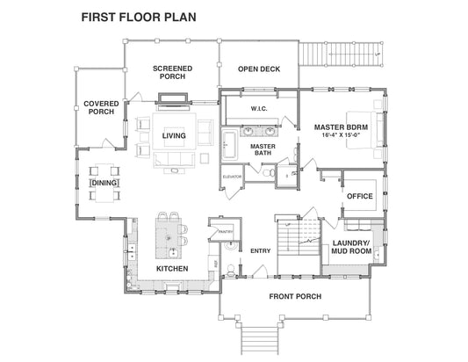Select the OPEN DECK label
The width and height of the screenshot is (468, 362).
(258, 69)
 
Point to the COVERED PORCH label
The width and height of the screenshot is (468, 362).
(101, 107)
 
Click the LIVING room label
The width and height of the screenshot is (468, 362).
(173, 134)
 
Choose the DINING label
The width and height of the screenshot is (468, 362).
(104, 182)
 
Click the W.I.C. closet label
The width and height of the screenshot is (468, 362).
(258, 109)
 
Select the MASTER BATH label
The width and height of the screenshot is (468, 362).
(262, 149)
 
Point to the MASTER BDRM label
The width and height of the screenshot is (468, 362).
(341, 127)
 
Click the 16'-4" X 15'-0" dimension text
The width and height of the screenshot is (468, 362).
(341, 137)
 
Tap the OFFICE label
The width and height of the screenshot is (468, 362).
(361, 196)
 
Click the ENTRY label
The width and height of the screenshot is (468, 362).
(260, 250)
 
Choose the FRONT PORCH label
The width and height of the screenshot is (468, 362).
(294, 296)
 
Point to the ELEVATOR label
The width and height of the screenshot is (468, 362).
(232, 177)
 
